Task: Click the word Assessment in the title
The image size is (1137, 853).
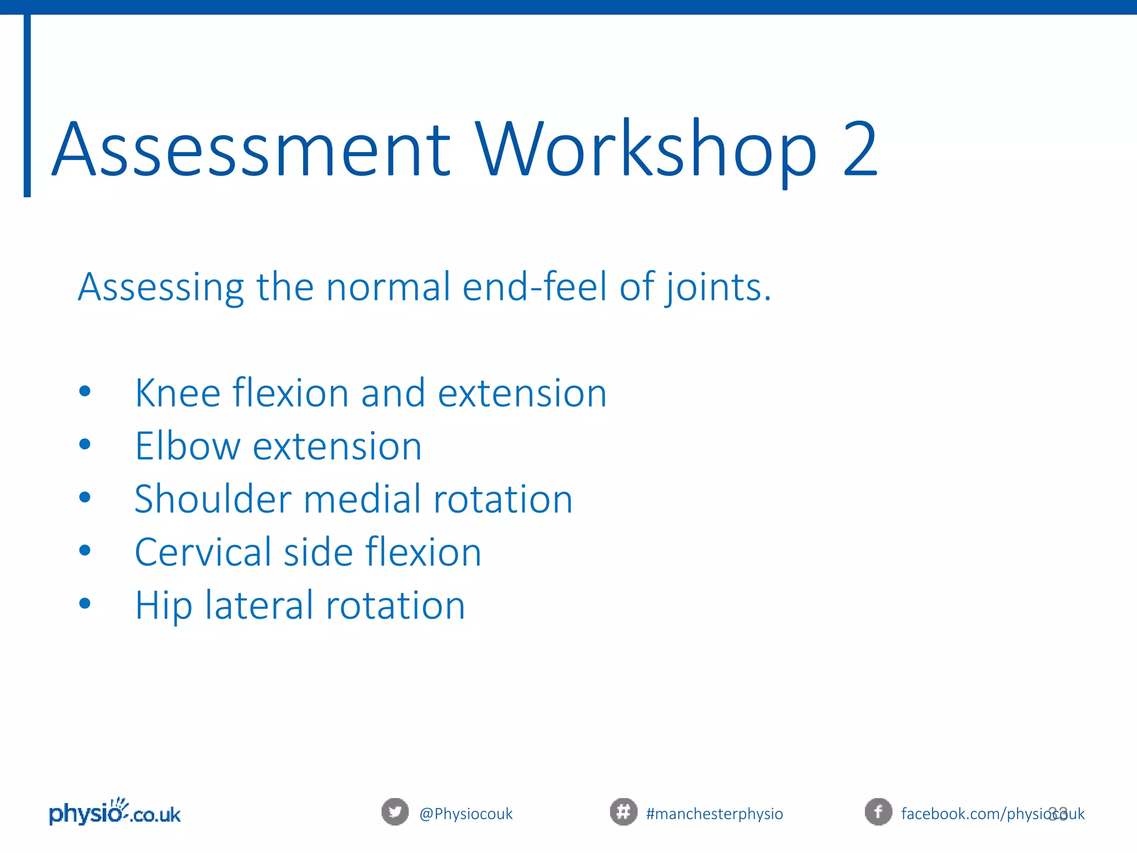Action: (251, 150)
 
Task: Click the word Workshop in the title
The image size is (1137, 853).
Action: (647, 150)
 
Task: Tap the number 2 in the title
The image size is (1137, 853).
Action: (860, 150)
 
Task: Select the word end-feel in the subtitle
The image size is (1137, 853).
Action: (534, 287)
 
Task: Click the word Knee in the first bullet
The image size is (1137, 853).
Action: (178, 393)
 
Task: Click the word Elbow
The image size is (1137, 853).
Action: (187, 446)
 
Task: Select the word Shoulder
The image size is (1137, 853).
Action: (213, 499)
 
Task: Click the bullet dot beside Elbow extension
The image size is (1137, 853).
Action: (85, 444)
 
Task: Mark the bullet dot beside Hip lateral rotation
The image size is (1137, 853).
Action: (85, 603)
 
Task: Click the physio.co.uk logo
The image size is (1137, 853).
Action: (115, 812)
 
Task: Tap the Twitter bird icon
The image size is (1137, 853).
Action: (395, 812)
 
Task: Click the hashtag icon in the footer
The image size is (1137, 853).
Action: (623, 812)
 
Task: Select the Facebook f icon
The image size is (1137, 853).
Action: (878, 812)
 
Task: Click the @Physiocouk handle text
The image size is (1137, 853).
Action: (466, 814)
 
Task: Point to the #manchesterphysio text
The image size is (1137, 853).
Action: (715, 814)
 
